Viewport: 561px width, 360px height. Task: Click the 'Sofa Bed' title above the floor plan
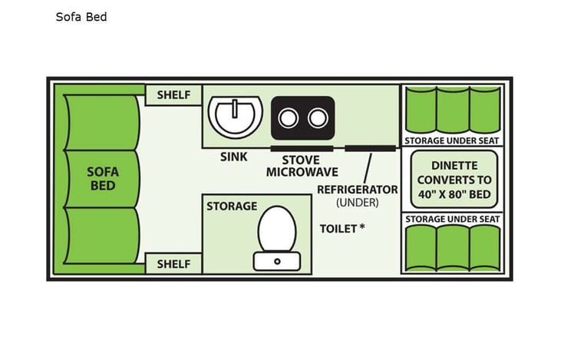pos(81,16)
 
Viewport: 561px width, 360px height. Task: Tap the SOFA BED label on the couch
pos(103,179)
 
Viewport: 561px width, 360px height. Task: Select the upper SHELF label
pos(173,95)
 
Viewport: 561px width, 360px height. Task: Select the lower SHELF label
pos(173,263)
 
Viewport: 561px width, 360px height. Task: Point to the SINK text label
pos(233,157)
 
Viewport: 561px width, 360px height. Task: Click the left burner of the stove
pos(289,118)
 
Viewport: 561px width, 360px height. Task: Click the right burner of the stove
pos(315,118)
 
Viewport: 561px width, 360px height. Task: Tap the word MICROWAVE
pos(301,173)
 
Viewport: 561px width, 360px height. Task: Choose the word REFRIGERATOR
pos(358,189)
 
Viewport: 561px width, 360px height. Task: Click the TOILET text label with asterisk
pos(342,228)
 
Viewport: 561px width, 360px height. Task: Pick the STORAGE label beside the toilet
pos(231,206)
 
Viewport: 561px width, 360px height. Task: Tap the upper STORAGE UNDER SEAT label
pos(452,140)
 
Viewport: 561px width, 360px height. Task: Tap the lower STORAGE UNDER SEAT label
pos(452,220)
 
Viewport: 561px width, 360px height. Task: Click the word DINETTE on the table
pos(454,165)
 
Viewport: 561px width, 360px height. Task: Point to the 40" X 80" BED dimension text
pos(454,194)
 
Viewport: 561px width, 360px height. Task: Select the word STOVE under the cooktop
pos(300,160)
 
